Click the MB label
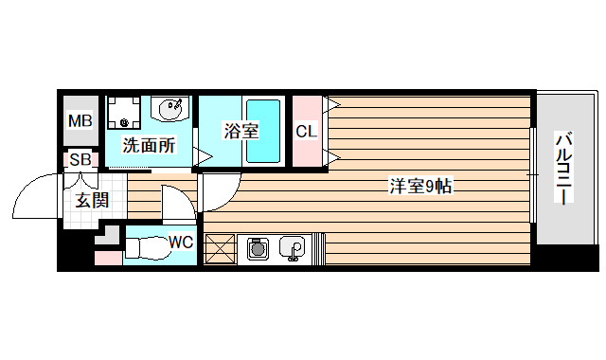tap(79, 121)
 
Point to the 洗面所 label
tap(150, 146)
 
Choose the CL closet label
tap(305, 131)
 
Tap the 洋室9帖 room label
tap(420, 187)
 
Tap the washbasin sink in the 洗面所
tap(171, 111)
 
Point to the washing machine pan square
tap(123, 115)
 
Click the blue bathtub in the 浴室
tap(264, 131)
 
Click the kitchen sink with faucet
tap(292, 249)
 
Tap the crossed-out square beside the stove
tap(221, 249)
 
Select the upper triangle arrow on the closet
tap(332, 102)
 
